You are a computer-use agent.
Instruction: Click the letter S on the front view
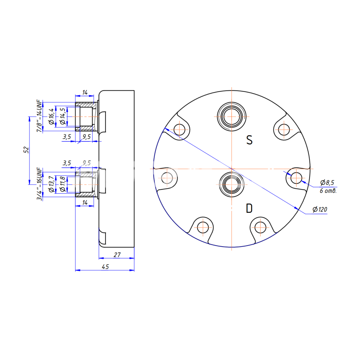[249, 140]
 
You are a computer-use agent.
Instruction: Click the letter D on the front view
[249, 208]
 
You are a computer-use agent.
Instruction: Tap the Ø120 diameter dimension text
[320, 210]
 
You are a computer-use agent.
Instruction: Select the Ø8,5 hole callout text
[327, 183]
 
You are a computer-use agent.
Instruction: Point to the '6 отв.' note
[328, 191]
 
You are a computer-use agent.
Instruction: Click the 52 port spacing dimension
[26, 150]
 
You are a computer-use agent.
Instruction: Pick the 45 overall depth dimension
[105, 266]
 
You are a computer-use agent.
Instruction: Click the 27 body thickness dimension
[117, 255]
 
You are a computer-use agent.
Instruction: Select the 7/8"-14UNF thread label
[40, 116]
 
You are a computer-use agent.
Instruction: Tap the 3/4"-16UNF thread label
[40, 184]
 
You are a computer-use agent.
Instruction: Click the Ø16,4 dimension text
[51, 116]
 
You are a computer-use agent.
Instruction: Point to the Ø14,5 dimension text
[62, 116]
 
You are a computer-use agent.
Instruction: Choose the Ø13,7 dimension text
[51, 184]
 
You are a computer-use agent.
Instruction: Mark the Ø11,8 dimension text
[62, 184]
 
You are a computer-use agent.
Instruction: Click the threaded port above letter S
[231, 117]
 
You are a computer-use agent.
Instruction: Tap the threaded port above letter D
[231, 185]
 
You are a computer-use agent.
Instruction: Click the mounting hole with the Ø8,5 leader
[296, 178]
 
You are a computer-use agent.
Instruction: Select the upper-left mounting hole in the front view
[179, 130]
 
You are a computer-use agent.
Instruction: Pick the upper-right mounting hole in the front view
[284, 130]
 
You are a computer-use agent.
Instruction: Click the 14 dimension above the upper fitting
[85, 92]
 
